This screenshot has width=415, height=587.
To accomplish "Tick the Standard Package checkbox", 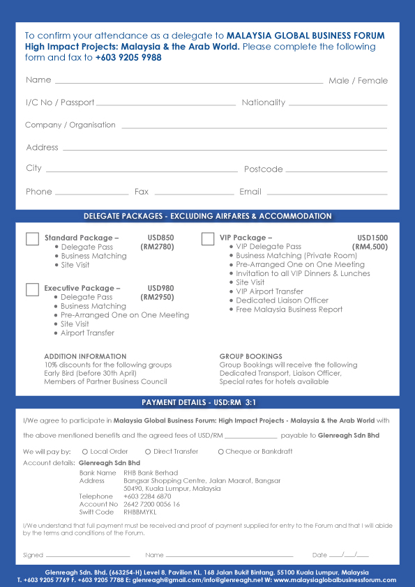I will coord(32,239).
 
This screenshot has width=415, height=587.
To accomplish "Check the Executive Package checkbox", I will coord(32,290).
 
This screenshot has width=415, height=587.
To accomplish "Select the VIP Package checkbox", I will coord(208,239).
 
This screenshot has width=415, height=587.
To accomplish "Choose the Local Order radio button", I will coord(85,452).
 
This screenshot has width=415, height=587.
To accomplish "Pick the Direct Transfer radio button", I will coord(148,452).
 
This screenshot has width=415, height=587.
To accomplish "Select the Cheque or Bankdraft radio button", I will coord(220,452).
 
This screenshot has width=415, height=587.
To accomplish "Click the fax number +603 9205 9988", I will coord(128,58).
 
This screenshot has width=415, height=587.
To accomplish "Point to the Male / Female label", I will coord(358,81).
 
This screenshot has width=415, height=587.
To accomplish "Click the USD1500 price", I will coord(372,238).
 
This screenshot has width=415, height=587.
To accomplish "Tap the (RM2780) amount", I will coord(157,247).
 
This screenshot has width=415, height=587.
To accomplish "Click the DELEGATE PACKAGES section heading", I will coord(207,216).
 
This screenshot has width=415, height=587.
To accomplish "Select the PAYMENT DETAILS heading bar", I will coord(207,403).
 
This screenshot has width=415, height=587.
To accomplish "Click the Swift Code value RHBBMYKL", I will coord(142,512).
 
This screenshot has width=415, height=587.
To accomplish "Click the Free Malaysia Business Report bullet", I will coord(289,310).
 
